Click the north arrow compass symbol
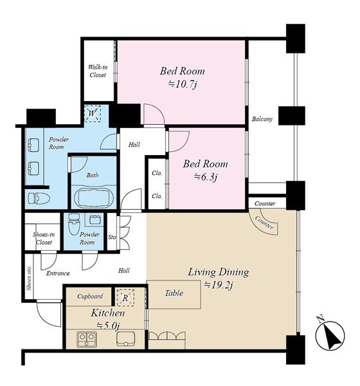pyautogui.click(x=330, y=335)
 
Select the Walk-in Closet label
pyautogui.click(x=98, y=71)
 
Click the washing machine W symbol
pyautogui.click(x=93, y=113)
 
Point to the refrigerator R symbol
pyautogui.click(x=125, y=298)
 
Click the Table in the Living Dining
pyautogui.click(x=174, y=294)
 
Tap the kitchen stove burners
pyautogui.click(x=87, y=340)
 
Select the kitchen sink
pyautogui.click(x=126, y=339)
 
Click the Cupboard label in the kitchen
pyautogui.click(x=90, y=296)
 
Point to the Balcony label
pyautogui.click(x=262, y=119)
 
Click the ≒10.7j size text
pyautogui.click(x=183, y=84)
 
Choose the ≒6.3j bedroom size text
pyautogui.click(x=205, y=177)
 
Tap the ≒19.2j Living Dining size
pyautogui.click(x=219, y=285)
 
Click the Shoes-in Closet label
pyautogui.click(x=44, y=238)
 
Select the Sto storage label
pyautogui.click(x=112, y=237)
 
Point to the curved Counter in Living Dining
pyautogui.click(x=264, y=222)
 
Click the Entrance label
pyautogui.click(x=58, y=273)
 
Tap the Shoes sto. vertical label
pyautogui.click(x=30, y=278)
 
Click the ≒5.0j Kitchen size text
pyautogui.click(x=108, y=326)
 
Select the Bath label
pyautogui.click(x=93, y=175)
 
